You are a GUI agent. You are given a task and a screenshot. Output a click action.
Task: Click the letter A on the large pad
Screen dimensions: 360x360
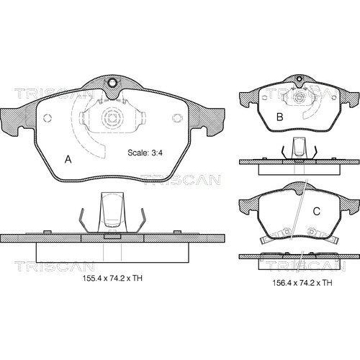point(68,159)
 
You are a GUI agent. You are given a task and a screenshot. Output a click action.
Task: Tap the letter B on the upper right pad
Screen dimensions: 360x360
point(280,117)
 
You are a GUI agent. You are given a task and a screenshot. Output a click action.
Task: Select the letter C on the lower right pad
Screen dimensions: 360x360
point(317,211)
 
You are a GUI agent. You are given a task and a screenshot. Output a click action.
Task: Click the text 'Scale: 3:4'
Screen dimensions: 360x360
point(145,153)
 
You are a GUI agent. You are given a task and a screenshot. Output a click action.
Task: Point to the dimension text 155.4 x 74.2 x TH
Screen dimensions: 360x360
point(112,278)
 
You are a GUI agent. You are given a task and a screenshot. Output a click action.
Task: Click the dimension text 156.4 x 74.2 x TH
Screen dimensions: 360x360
point(302,283)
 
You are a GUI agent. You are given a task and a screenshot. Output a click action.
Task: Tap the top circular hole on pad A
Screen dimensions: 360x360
point(112,83)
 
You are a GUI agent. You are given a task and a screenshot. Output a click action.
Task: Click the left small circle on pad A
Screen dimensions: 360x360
point(48,118)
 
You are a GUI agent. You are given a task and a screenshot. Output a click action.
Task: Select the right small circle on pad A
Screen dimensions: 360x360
point(177,118)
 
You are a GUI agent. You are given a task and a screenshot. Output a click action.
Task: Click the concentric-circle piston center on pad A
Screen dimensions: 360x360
point(112,118)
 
